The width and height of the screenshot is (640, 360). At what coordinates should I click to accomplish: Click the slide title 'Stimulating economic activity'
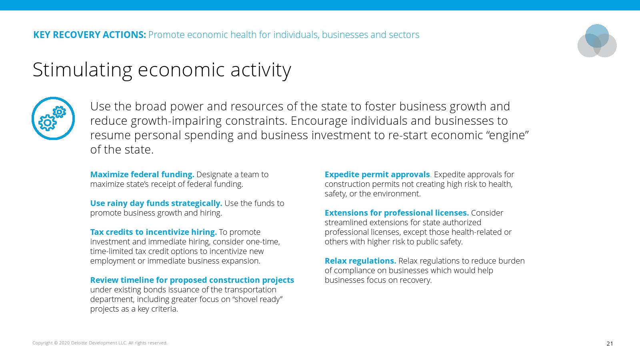point(162,70)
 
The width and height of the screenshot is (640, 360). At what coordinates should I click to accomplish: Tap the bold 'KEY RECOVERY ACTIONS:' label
point(90,34)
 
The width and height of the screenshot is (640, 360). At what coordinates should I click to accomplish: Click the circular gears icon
point(53,118)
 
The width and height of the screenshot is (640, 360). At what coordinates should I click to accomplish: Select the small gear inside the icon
point(60,112)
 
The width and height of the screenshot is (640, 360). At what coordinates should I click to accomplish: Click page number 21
point(610,344)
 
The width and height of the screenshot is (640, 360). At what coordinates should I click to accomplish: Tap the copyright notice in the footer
point(100,343)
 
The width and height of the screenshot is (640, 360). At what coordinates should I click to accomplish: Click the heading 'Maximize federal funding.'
point(142,174)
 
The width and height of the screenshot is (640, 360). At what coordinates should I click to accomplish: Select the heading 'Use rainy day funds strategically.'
point(156,203)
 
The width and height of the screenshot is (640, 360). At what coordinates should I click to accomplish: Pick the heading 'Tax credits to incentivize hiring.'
point(154,232)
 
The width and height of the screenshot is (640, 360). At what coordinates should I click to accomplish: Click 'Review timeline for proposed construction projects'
point(192,280)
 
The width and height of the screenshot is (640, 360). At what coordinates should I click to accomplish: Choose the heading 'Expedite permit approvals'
point(377,174)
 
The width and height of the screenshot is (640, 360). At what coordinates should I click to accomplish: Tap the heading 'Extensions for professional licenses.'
point(396,213)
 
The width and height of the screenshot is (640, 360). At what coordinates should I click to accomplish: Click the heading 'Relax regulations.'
point(360,261)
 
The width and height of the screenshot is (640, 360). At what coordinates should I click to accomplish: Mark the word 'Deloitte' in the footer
point(79,343)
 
